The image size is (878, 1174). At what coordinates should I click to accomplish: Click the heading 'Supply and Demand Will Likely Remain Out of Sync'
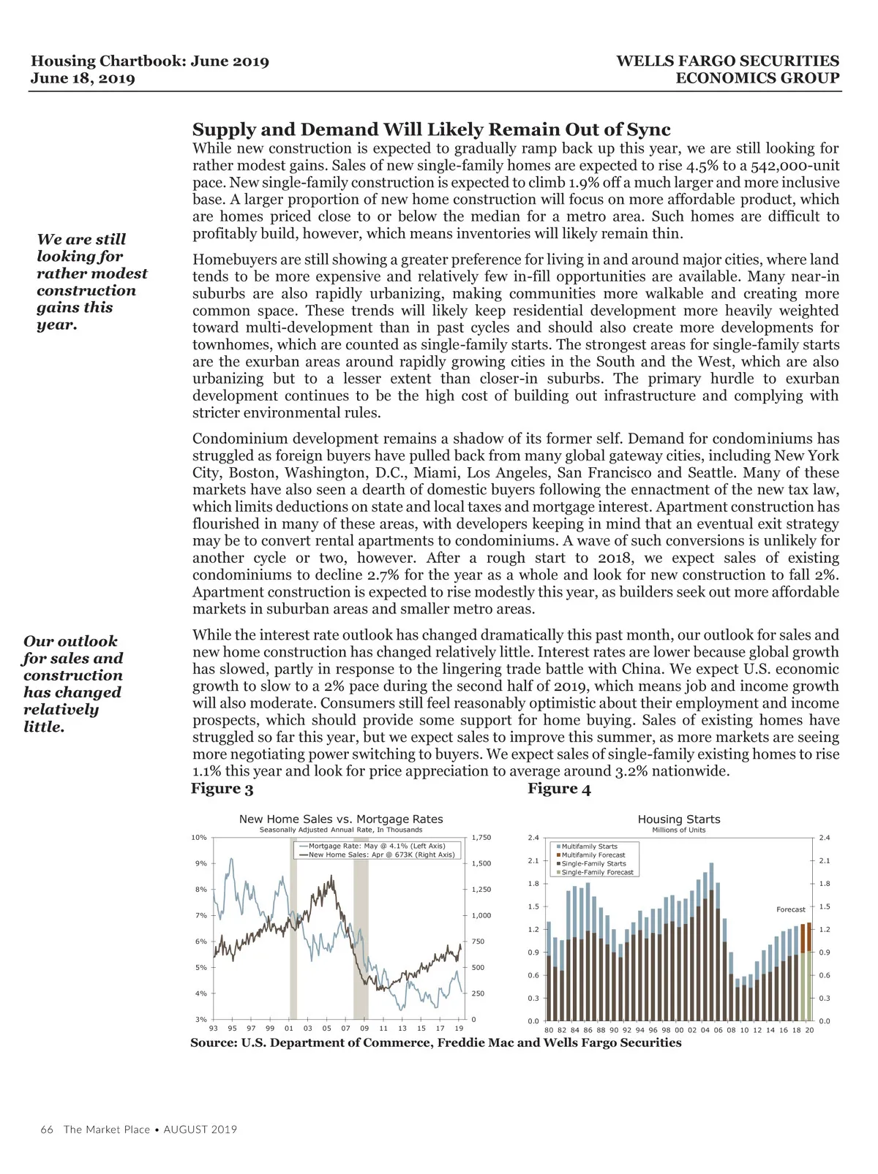click(x=431, y=129)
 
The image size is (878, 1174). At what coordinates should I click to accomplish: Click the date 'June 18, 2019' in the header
click(x=83, y=78)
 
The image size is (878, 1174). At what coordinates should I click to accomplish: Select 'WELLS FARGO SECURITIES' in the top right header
click(x=727, y=61)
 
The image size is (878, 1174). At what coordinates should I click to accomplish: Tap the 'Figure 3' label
click(x=222, y=788)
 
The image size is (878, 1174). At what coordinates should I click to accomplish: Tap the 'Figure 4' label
click(x=559, y=789)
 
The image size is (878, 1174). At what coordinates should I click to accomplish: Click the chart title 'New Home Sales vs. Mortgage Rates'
click(x=341, y=819)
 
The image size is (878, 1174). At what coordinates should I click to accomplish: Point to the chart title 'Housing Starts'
click(x=679, y=819)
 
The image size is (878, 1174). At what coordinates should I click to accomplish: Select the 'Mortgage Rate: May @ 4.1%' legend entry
click(x=377, y=846)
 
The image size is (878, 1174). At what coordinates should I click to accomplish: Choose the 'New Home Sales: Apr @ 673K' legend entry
click(x=381, y=855)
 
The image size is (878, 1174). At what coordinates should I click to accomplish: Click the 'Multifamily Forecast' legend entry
click(x=593, y=855)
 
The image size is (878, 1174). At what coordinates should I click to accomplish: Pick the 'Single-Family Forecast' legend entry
click(x=597, y=872)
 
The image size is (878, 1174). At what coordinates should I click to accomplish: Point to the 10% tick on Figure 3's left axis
click(x=199, y=838)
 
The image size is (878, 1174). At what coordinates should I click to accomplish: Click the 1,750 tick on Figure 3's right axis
click(x=481, y=838)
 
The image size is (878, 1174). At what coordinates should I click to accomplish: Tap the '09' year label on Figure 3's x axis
click(x=364, y=1029)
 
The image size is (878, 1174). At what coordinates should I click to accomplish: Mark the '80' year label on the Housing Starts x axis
click(x=549, y=1030)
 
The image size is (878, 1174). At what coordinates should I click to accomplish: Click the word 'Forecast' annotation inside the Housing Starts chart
click(x=790, y=909)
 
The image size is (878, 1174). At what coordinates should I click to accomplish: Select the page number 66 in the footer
click(x=47, y=1129)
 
